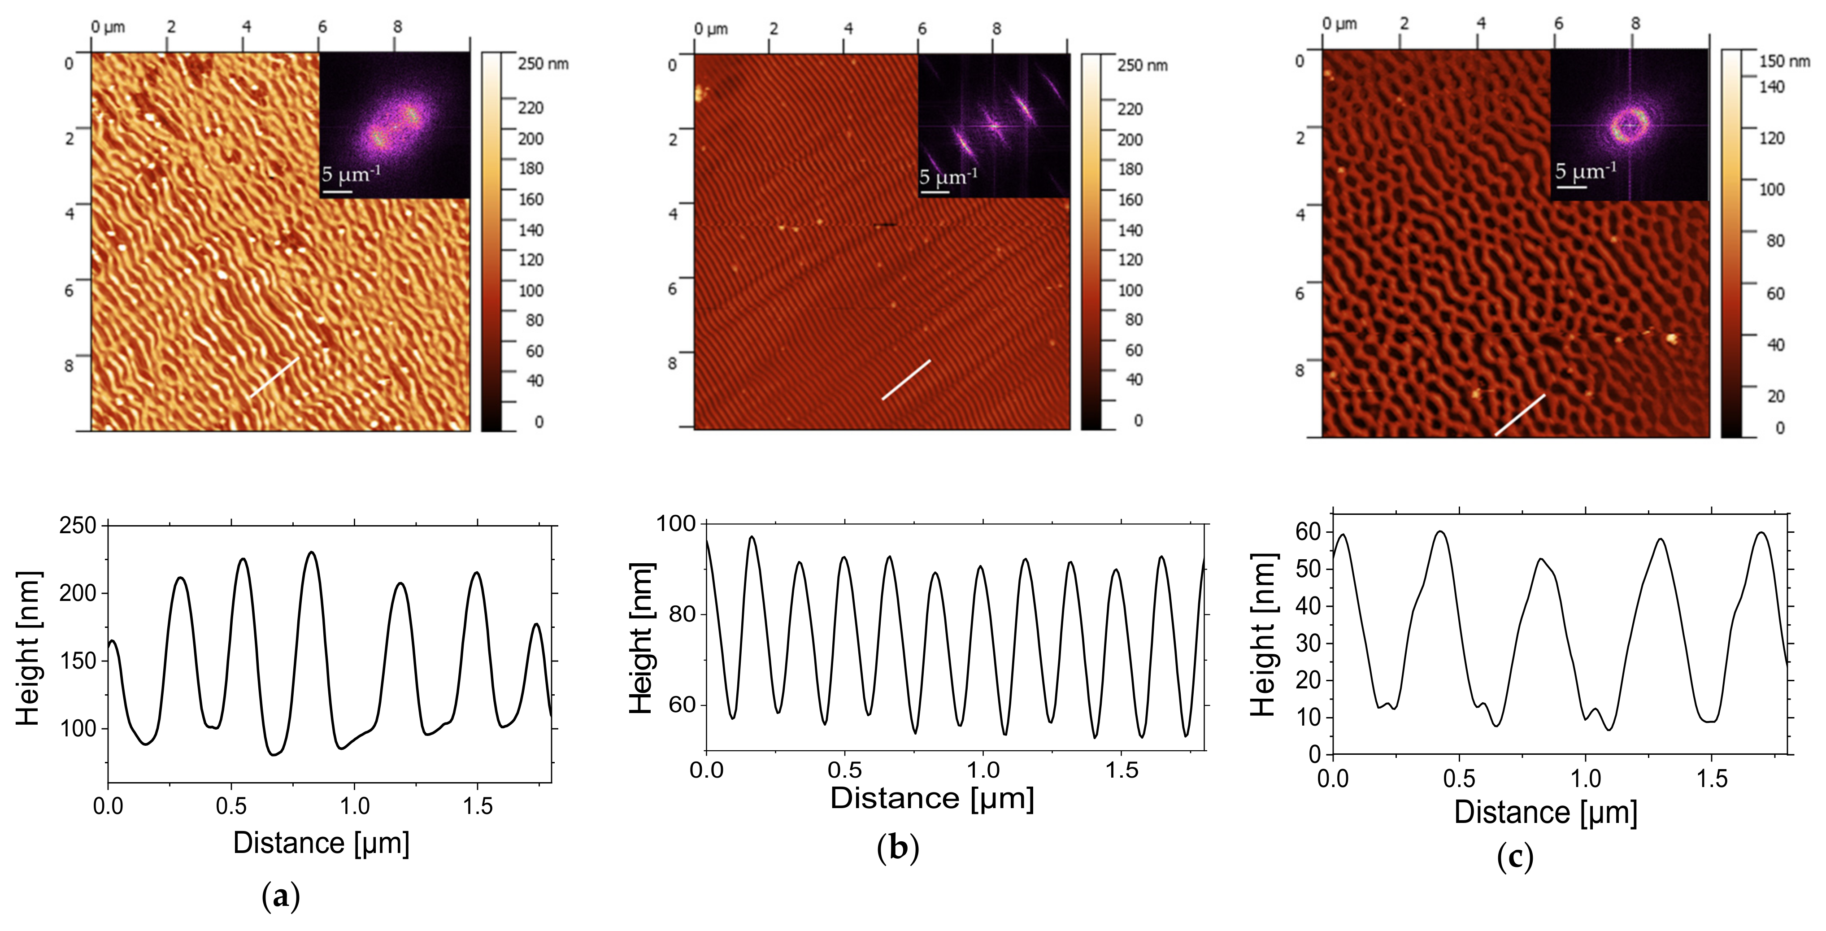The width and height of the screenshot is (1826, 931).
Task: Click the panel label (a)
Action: [281, 896]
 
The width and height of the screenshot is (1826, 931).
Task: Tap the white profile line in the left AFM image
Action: [274, 377]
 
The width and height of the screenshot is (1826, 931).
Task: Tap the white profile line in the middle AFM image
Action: [906, 380]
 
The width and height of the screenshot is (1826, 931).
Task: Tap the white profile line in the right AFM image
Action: [1520, 415]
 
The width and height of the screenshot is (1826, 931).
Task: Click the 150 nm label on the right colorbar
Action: [1784, 62]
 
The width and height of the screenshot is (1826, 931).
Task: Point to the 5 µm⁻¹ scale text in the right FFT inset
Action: [1586, 171]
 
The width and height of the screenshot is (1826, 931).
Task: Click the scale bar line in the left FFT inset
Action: [337, 191]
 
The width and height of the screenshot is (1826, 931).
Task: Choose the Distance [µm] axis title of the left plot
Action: [321, 843]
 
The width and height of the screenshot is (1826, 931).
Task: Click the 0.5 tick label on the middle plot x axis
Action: [844, 770]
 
